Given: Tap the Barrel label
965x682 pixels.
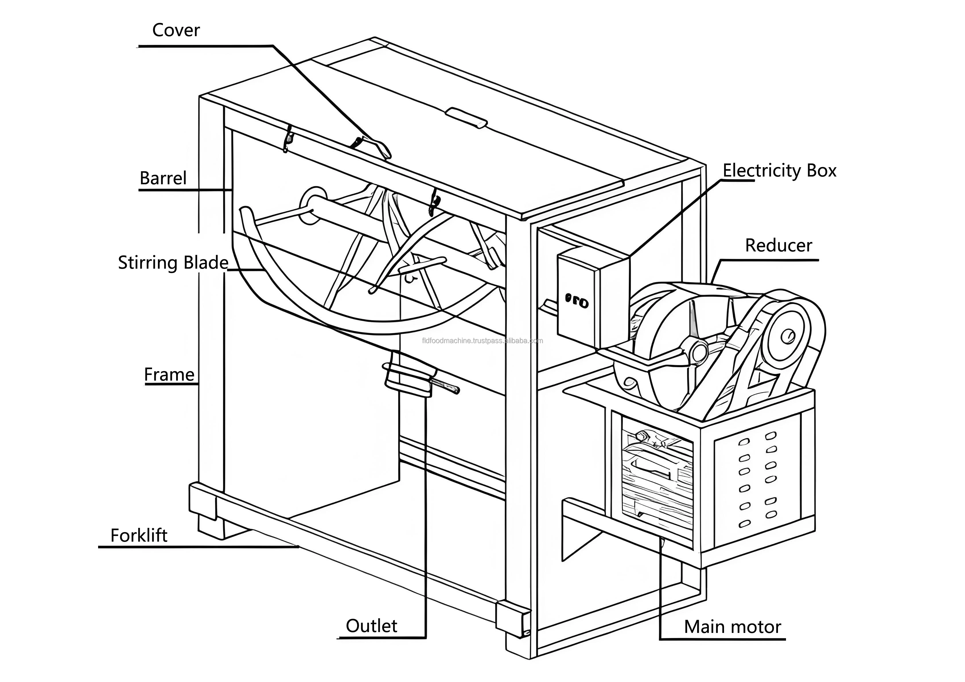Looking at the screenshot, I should tap(163, 178).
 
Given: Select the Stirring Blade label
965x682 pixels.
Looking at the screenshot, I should tap(173, 263).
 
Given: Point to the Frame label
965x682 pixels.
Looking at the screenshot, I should tap(169, 375).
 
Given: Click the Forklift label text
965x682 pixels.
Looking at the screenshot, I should tap(139, 536).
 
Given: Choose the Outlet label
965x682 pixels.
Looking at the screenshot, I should tap(371, 626).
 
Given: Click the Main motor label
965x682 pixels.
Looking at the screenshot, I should tap(732, 627).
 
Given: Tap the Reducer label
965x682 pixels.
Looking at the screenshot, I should tap(778, 245).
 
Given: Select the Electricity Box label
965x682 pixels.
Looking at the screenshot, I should tap(779, 171).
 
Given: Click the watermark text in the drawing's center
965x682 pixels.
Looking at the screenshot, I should tap(482, 341).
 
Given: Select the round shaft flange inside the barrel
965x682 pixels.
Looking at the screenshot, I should tap(314, 206).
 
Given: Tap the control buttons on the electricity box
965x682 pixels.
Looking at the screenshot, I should tap(576, 301).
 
